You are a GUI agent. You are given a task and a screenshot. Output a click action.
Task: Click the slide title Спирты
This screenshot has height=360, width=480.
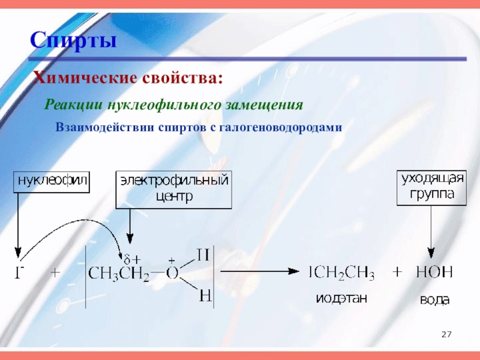click(74, 41)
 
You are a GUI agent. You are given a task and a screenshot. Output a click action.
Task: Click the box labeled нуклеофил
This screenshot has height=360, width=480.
click(53, 181)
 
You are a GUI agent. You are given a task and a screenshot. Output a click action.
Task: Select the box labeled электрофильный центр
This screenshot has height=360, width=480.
click(173, 188)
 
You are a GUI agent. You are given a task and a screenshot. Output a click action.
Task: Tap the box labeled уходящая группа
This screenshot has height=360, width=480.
click(433, 187)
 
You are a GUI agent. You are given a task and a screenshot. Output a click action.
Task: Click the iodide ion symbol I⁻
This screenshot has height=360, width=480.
click(19, 273)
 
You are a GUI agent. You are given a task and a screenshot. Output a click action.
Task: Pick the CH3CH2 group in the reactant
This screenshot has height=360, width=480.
click(120, 274)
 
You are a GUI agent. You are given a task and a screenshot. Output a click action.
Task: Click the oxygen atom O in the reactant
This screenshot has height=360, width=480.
click(173, 274)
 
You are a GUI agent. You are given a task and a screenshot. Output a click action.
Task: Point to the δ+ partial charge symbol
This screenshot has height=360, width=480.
click(132, 259)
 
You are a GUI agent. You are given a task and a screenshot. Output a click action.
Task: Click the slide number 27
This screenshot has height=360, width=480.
click(446, 334)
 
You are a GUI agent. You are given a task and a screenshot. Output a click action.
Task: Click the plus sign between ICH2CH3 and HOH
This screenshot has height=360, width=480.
click(397, 272)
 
